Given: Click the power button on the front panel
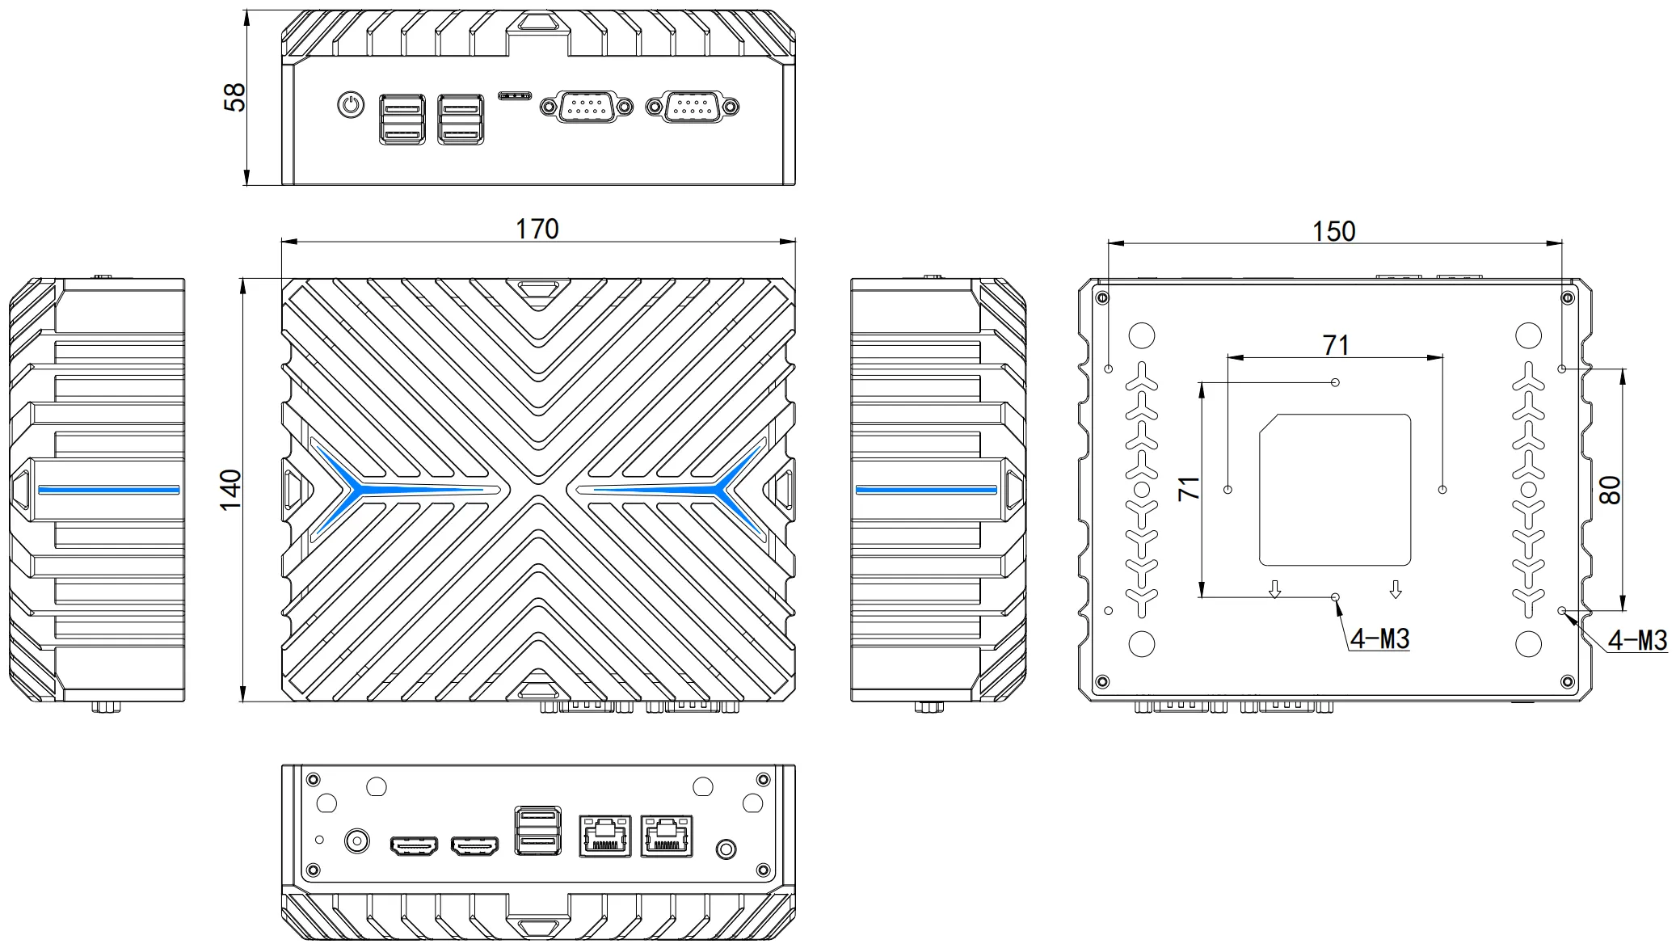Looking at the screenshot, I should [350, 105].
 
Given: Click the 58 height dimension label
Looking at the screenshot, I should [234, 97].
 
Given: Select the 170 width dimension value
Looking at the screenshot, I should [537, 229].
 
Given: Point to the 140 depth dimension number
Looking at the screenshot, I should [231, 490].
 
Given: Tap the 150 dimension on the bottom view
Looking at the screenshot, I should [1333, 231].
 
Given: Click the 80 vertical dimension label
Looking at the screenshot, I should [1609, 490].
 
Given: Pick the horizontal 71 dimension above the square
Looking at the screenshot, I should [1336, 345].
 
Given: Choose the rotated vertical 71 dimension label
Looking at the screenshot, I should [1189, 488].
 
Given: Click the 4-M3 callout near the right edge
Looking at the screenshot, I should [1637, 641].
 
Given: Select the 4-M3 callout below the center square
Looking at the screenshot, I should [1379, 639].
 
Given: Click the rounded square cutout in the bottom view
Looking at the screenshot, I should [1335, 490].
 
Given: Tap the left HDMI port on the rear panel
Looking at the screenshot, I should [414, 846].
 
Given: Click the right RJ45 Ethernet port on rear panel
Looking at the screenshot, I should [667, 836].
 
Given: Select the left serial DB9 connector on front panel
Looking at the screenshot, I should [587, 106].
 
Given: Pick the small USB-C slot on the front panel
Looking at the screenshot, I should [514, 95].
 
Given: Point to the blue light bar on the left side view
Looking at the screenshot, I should [108, 490].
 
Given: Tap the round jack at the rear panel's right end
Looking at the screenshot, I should [726, 849].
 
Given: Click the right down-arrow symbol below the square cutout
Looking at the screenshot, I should [1395, 590].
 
